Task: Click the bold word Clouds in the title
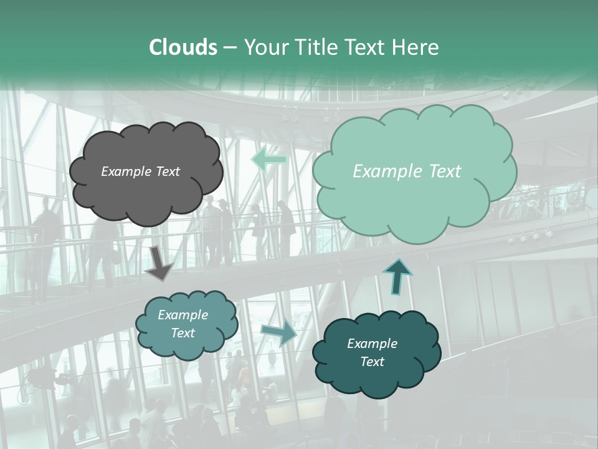point(183,47)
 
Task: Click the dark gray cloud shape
point(145,193)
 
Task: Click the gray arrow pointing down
point(159,263)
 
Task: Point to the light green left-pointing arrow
point(268,160)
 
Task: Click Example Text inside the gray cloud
point(140,171)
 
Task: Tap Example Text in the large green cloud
point(407,171)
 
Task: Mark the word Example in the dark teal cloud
point(372,344)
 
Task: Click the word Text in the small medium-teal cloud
point(183,334)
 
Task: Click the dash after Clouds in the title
point(230,47)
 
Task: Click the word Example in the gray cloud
point(126,171)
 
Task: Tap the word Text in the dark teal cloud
point(372,362)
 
